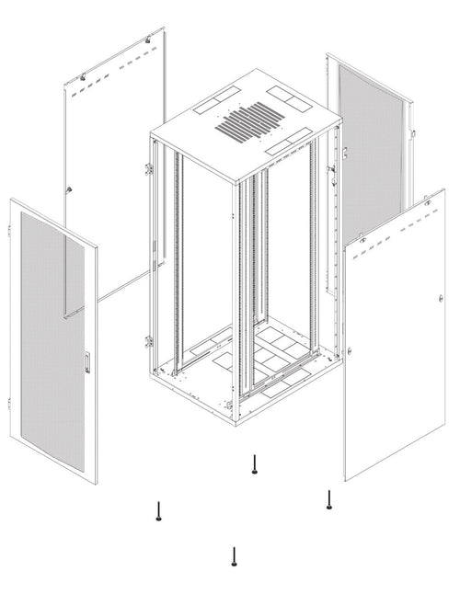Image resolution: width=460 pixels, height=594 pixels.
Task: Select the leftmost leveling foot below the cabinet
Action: (160, 511)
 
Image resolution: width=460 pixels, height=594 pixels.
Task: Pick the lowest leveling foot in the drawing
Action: (236, 557)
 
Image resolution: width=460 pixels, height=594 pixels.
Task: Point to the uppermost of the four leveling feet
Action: (253, 466)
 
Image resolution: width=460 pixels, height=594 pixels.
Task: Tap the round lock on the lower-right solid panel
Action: (442, 299)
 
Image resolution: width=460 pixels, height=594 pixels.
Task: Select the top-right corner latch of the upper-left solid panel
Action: (151, 41)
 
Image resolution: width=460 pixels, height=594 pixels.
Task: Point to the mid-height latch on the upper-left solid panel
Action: (70, 188)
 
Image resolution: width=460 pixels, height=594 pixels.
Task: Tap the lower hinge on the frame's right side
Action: (351, 349)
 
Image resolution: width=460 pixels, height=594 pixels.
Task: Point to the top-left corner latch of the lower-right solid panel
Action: (362, 241)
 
